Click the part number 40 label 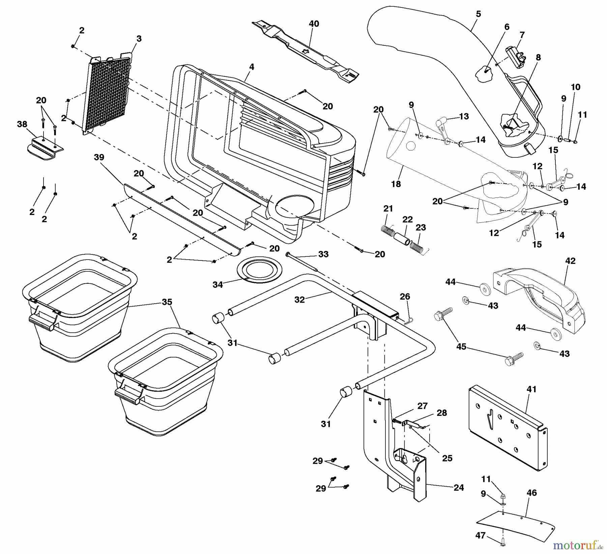(314, 24)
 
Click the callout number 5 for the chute (478, 14)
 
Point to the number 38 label (22, 124)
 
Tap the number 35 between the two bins (167, 302)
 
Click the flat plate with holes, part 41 (508, 428)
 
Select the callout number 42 (571, 261)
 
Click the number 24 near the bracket (459, 487)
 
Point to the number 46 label (531, 493)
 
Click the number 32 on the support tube (299, 300)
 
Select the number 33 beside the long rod (323, 254)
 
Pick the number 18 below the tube (396, 184)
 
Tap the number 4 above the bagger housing (252, 67)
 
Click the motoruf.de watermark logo (578, 545)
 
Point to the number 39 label (99, 157)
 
